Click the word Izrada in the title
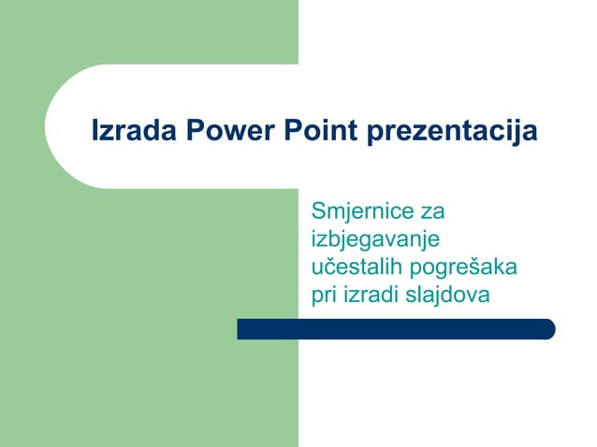click(124, 131)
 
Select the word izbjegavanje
click(374, 239)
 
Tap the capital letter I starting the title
click(95, 131)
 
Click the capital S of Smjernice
click(318, 210)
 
